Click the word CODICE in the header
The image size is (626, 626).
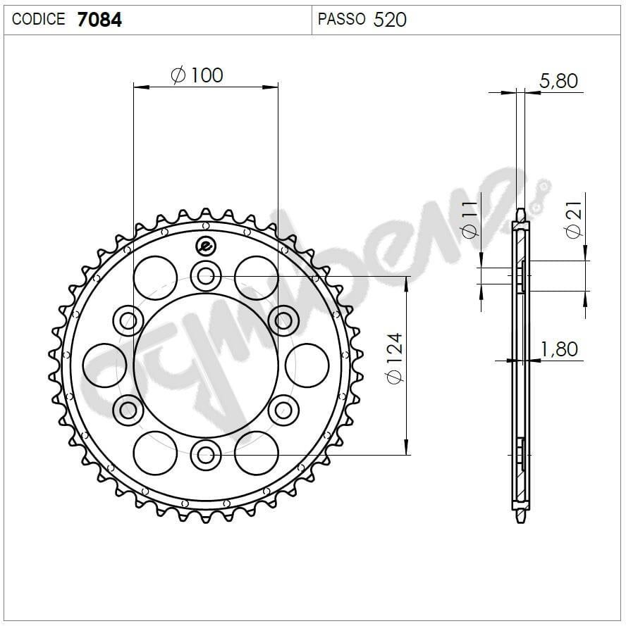click(39, 19)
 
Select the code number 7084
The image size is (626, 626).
click(99, 20)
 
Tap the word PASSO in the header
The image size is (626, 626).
click(341, 19)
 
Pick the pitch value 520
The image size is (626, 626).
click(390, 20)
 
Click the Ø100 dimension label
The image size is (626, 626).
click(197, 74)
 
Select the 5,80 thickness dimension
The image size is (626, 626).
click(558, 81)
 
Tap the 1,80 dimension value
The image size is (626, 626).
click(558, 349)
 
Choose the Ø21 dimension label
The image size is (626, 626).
click(574, 220)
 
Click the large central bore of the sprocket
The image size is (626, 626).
click(205, 365)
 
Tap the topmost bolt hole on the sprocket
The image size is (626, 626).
click(205, 275)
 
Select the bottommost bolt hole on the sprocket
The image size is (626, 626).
click(205, 454)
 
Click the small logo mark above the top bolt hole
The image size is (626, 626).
click(205, 246)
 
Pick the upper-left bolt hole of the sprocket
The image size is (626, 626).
click(128, 320)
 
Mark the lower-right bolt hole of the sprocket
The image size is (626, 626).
click(283, 409)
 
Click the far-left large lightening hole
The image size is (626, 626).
click(105, 365)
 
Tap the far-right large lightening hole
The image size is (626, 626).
click(307, 365)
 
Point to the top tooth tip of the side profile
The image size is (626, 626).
click(520, 212)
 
